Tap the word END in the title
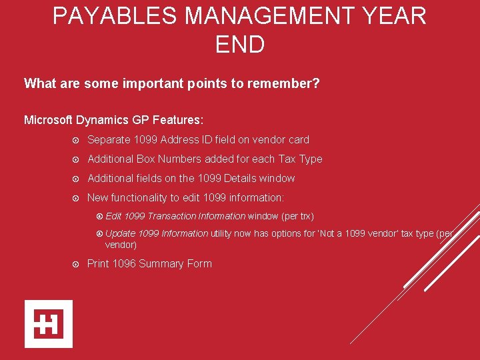coord(240,45)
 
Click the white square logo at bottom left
coord(49,324)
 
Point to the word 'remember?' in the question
coord(290,83)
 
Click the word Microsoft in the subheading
coord(49,120)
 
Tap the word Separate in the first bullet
coord(108,139)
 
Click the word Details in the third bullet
coord(241,178)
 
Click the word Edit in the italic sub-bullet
coord(113,216)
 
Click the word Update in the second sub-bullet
coord(120,233)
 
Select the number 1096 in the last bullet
coord(124,263)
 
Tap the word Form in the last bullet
coord(199,263)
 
